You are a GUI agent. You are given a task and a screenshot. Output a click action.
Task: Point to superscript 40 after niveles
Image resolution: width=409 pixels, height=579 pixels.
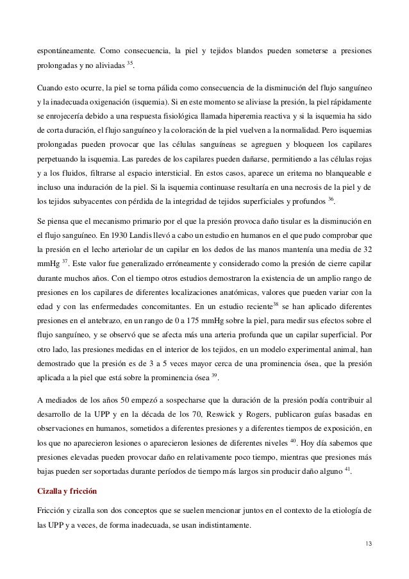[x=292, y=441]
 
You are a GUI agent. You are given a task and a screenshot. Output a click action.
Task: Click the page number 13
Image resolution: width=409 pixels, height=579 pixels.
[x=367, y=545]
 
